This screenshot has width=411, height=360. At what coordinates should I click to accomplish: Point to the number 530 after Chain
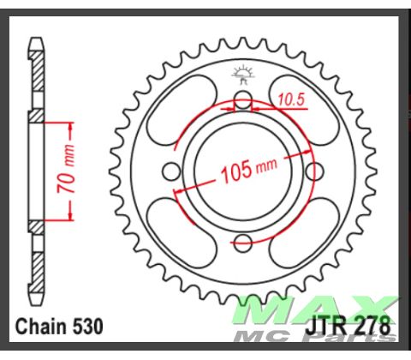pos(88,327)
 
